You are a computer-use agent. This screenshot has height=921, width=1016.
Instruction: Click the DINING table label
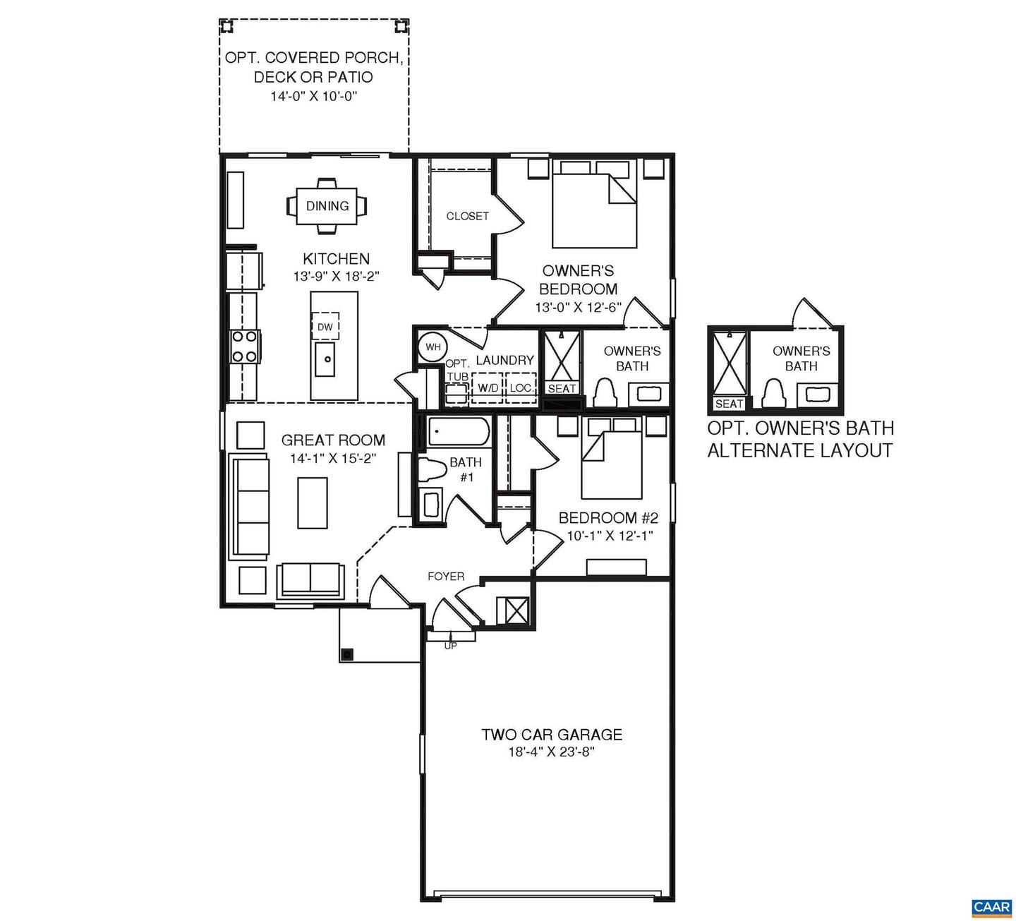(x=327, y=206)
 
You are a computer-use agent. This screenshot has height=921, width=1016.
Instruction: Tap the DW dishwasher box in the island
(x=325, y=327)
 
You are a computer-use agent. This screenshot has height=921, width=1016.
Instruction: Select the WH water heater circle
(x=432, y=347)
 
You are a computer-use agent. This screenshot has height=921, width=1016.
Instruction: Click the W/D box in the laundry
(x=488, y=388)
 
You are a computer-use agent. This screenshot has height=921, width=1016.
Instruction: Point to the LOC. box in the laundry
(x=521, y=388)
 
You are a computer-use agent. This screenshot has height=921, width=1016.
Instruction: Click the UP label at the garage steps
(x=450, y=645)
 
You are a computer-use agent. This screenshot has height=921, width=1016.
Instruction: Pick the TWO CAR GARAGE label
(x=552, y=735)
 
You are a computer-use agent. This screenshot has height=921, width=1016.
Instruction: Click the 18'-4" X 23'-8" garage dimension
(x=552, y=752)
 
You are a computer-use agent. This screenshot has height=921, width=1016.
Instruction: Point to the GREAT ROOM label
(x=333, y=440)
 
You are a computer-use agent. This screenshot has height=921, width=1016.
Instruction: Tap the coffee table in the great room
(x=313, y=502)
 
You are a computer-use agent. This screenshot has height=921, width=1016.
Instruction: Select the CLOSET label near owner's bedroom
(x=467, y=216)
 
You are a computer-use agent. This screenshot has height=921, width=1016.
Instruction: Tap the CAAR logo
(x=992, y=907)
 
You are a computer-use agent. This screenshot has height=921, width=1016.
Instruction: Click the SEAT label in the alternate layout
(x=729, y=404)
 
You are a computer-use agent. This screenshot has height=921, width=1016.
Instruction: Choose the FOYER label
(x=446, y=577)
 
